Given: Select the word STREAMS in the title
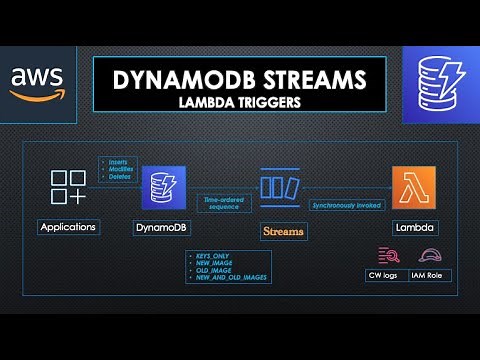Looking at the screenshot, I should [x=311, y=77].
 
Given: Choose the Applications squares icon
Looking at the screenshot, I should [x=69, y=188].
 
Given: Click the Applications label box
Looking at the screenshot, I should [x=69, y=227].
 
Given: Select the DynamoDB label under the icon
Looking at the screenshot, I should [x=160, y=228].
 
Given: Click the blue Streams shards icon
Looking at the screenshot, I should [x=281, y=187].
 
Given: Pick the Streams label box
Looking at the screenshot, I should [x=283, y=231].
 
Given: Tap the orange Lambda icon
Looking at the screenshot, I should [x=413, y=188].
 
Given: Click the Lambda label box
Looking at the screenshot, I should [x=414, y=228].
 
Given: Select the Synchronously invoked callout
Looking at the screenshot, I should [x=344, y=204].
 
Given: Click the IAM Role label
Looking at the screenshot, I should [x=430, y=273].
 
